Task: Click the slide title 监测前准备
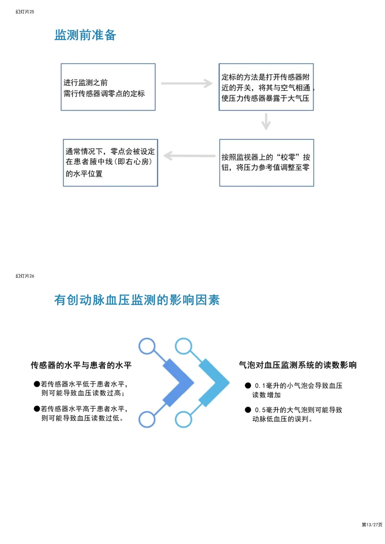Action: (x=85, y=35)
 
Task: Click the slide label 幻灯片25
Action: (x=25, y=12)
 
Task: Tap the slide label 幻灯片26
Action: (x=25, y=276)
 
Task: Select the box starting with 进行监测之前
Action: (x=108, y=87)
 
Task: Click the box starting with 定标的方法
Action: (x=266, y=87)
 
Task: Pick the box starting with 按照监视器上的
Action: (x=266, y=163)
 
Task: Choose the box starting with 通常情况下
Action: (x=110, y=163)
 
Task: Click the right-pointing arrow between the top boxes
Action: (x=187, y=83)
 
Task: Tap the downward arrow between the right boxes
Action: (x=266, y=121)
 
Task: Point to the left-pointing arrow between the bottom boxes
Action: (x=189, y=156)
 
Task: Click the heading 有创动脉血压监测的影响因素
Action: (x=137, y=300)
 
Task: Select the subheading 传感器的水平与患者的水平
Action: (x=81, y=365)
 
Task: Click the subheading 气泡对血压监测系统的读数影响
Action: (x=298, y=365)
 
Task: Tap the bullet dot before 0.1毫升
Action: (x=248, y=386)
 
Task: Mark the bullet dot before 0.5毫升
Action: (x=248, y=410)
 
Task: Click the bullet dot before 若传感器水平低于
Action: (x=37, y=384)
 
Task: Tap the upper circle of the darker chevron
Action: (x=147, y=346)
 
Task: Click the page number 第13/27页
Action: (x=372, y=524)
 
